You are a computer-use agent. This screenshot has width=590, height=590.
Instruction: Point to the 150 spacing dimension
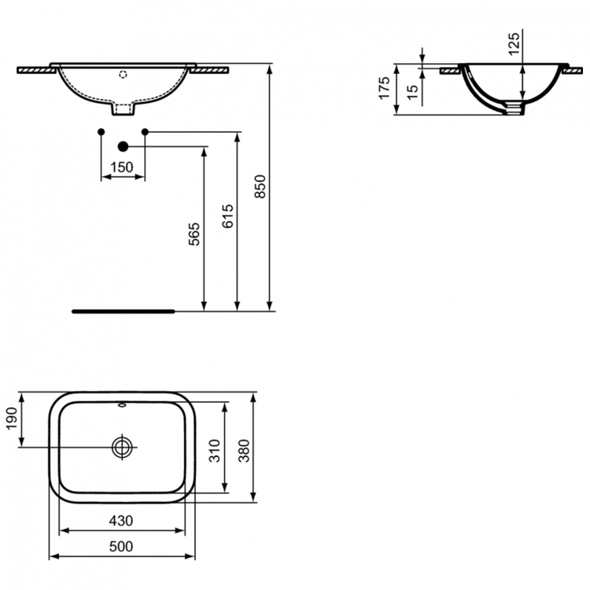(x=122, y=167)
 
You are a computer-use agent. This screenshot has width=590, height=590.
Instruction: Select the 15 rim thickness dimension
(x=411, y=91)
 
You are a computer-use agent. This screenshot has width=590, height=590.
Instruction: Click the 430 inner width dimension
(x=121, y=520)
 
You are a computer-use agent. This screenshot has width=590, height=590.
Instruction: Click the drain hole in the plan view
(x=123, y=447)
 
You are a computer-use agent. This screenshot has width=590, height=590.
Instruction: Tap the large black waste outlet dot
(x=123, y=146)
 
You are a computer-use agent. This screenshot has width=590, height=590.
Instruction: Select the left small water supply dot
(x=101, y=131)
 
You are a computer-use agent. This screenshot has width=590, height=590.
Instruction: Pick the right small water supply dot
(x=145, y=131)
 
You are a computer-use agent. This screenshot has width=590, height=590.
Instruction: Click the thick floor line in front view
(x=123, y=311)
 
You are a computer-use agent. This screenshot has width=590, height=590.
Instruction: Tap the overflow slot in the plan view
(x=123, y=407)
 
